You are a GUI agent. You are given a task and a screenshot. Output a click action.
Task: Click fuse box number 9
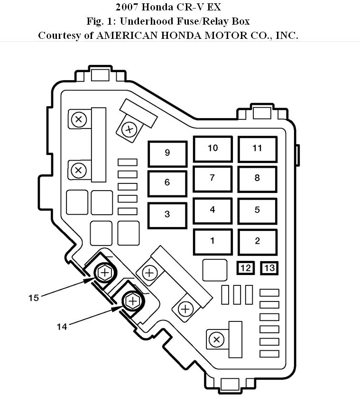tap(167, 154)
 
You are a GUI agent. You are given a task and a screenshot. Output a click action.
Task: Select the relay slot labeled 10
tap(212, 149)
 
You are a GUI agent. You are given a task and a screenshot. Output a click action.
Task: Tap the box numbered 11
tap(258, 149)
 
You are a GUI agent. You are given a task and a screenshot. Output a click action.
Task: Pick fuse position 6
tap(167, 183)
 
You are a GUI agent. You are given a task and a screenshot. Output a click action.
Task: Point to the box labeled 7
tap(212, 179)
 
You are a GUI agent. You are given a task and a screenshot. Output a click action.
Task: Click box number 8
tap(258, 179)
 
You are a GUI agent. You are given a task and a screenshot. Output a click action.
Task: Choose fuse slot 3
tap(167, 215)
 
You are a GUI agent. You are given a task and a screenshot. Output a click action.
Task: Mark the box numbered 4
tap(212, 211)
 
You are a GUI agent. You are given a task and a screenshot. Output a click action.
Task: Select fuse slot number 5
tap(258, 211)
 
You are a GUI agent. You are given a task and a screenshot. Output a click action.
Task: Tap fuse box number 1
tap(212, 242)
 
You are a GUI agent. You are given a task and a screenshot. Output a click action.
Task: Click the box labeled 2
tap(258, 242)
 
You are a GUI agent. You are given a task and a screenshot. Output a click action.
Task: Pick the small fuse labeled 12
tap(246, 268)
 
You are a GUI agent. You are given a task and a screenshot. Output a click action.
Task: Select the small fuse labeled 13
tap(269, 268)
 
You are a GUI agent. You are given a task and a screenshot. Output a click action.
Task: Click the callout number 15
tap(34, 298)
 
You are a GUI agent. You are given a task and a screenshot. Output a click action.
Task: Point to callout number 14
tap(62, 327)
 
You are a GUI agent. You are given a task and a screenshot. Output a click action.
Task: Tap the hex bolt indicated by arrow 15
tap(105, 273)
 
